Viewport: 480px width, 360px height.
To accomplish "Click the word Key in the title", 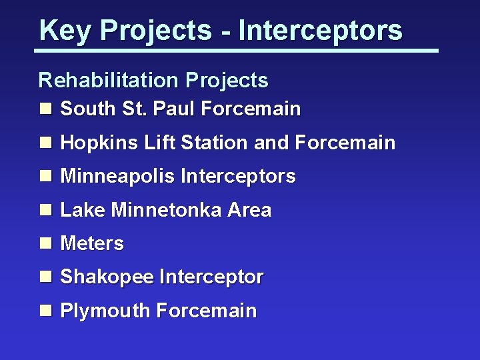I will click(x=57, y=31).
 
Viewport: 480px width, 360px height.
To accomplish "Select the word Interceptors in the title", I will click(x=321, y=31).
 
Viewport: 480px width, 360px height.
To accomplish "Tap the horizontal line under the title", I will click(x=237, y=51).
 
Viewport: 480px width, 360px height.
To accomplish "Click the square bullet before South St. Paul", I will click(x=45, y=109).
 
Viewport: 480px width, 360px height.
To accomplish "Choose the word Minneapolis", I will click(x=118, y=177).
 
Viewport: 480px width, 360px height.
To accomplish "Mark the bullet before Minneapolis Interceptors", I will click(x=45, y=177).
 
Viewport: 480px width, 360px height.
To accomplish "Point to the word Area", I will click(x=249, y=211).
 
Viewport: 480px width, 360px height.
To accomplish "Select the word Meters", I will click(x=92, y=244).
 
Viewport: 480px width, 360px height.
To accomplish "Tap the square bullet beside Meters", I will click(x=45, y=244).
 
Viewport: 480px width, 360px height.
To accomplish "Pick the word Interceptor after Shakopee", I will click(x=211, y=277).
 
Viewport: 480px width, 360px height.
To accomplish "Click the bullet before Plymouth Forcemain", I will click(x=45, y=311).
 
